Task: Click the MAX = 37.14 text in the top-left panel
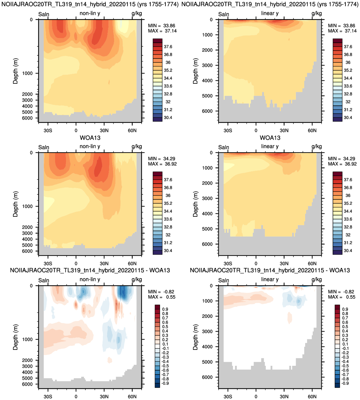162,31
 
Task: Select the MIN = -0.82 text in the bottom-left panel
161,292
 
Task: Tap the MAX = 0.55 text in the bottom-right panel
342,297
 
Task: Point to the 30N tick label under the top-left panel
104,130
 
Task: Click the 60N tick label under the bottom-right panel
312,397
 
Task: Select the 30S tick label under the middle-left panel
48,263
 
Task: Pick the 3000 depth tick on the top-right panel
207,66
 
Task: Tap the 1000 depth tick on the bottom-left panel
27,340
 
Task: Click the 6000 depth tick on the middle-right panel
207,244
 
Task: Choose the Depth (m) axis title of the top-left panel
15,71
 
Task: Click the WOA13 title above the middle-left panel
90,138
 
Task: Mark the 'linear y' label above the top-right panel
270,13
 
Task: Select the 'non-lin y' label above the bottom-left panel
90,280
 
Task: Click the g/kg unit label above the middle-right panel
317,147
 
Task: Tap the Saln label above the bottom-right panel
224,280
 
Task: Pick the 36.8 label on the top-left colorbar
168,55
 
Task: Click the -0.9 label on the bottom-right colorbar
345,383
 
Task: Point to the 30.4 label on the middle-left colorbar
168,251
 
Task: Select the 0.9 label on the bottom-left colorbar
165,309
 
